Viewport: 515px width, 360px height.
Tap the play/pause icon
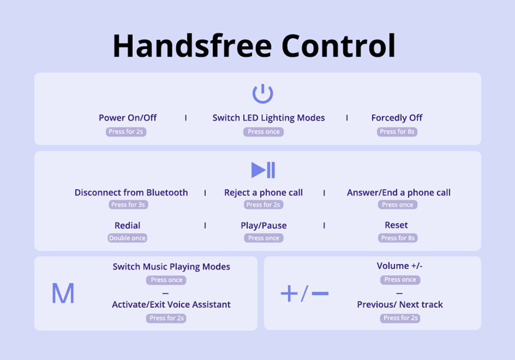pyautogui.click(x=263, y=170)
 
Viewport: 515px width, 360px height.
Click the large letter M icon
pyautogui.click(x=63, y=293)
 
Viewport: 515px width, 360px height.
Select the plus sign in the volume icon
pyautogui.click(x=289, y=294)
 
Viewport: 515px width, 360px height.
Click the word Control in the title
pyautogui.click(x=338, y=46)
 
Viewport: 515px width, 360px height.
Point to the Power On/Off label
pyautogui.click(x=128, y=117)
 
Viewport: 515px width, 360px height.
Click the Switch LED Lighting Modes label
pyautogui.click(x=269, y=118)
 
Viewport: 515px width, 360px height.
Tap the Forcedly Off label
pyautogui.click(x=397, y=118)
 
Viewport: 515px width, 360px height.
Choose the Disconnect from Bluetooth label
pyautogui.click(x=131, y=193)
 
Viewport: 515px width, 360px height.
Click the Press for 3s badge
pyautogui.click(x=128, y=204)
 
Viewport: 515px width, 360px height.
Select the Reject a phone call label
pyautogui.click(x=263, y=193)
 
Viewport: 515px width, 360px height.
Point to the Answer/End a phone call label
pyautogui.click(x=399, y=193)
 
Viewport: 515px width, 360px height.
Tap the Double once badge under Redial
pyautogui.click(x=127, y=238)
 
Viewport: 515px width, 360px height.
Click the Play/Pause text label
pyautogui.click(x=264, y=226)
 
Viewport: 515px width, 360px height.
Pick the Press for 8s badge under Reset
pyautogui.click(x=398, y=238)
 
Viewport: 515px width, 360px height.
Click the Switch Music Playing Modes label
pyautogui.click(x=171, y=267)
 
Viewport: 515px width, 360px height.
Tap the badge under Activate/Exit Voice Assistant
pyautogui.click(x=166, y=318)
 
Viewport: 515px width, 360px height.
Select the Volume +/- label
pyautogui.click(x=400, y=266)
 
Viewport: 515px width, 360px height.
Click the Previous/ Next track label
pyautogui.click(x=400, y=304)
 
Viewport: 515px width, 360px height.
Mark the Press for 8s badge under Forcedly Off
pyautogui.click(x=397, y=132)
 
